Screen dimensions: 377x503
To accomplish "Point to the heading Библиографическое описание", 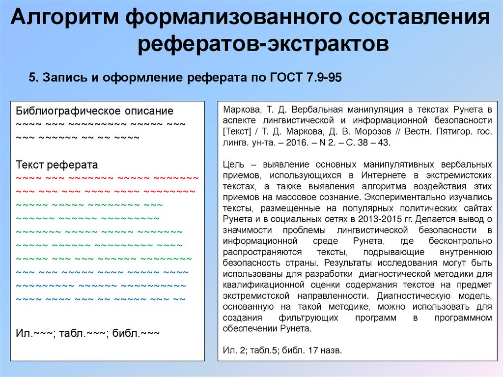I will pyautogui.click(x=95, y=111).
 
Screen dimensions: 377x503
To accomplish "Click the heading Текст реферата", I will pyautogui.click(x=57, y=165).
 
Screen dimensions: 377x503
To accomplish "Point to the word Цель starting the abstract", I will pyautogui.click(x=232, y=164).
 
